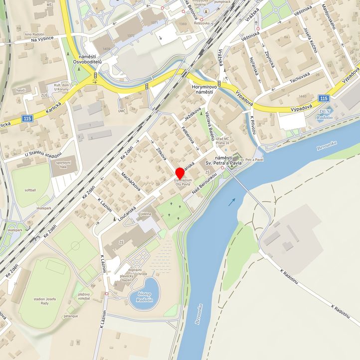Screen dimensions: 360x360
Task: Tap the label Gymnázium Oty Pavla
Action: (182, 182)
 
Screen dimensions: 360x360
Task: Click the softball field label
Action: (29, 190)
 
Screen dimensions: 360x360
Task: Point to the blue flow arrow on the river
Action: (232, 202)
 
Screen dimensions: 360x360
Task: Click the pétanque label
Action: (70, 316)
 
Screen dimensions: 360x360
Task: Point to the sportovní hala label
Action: (63, 165)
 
